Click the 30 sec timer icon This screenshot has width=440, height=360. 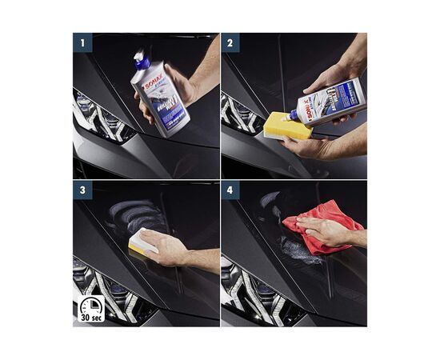point(90,310)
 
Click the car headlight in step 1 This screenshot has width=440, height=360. point(100,116)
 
